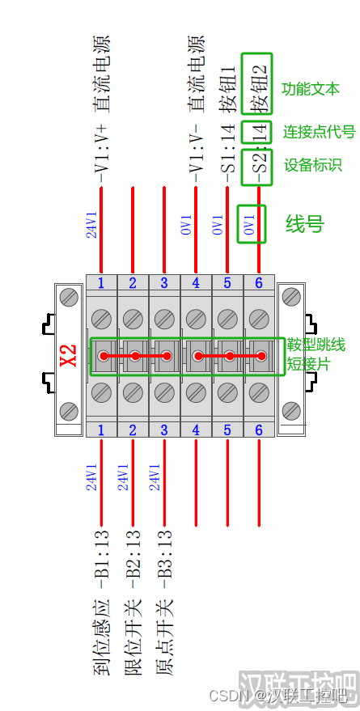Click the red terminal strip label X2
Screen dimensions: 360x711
(69, 356)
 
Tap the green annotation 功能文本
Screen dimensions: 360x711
(311, 89)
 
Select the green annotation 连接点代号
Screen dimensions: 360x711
(320, 132)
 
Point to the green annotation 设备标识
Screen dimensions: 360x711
(313, 165)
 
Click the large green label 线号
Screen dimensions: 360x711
(305, 223)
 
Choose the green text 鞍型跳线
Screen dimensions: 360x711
(316, 345)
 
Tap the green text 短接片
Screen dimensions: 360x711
(309, 363)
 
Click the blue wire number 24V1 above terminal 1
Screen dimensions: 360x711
(91, 224)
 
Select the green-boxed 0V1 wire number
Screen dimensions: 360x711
(250, 224)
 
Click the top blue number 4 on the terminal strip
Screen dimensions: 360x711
(196, 283)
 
